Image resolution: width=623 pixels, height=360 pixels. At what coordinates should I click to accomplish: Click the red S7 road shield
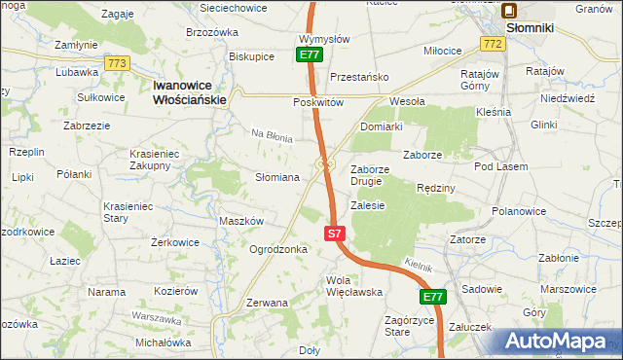[x=334, y=234]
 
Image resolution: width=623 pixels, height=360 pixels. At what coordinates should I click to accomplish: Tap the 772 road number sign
[x=492, y=45]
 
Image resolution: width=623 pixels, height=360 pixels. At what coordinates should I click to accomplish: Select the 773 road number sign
[x=118, y=63]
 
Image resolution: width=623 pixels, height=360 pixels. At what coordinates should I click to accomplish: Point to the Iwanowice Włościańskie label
[x=190, y=92]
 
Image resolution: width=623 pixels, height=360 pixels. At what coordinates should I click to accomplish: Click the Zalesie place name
[x=369, y=205]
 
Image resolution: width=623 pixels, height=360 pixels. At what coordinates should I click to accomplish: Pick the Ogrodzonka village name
[x=278, y=249]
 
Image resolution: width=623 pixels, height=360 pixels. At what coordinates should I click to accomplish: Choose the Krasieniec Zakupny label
[x=164, y=159]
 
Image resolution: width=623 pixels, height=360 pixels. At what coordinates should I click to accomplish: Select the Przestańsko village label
[x=359, y=77]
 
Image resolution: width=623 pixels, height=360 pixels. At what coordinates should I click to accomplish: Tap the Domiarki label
[x=382, y=126]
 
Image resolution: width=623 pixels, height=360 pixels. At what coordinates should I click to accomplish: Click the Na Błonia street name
[x=273, y=137]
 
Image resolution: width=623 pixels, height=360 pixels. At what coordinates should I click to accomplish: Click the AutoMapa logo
[x=559, y=341]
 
